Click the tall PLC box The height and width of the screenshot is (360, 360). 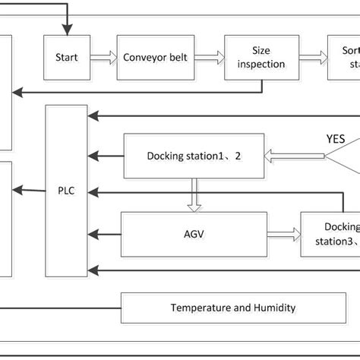[67, 191]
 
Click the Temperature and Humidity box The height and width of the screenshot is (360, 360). [232, 308]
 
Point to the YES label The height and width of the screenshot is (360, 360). [335, 139]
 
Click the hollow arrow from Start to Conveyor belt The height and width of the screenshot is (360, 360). [103, 57]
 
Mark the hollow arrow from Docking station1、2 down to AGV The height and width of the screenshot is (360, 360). [194, 194]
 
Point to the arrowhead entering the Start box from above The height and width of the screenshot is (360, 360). [67, 30]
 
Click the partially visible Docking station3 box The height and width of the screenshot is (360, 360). [330, 235]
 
